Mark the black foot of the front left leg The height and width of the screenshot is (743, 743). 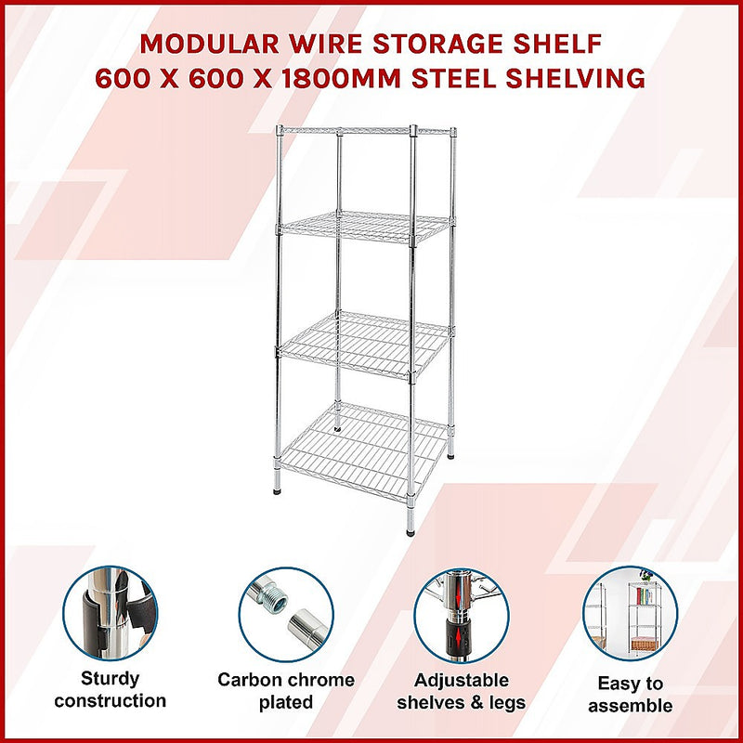[x=278, y=485]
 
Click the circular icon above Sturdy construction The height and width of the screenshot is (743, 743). [x=110, y=614]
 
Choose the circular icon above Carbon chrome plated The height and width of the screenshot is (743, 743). [x=286, y=614]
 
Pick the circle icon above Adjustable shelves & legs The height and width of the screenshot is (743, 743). [x=462, y=614]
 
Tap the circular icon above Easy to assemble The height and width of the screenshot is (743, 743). [x=631, y=614]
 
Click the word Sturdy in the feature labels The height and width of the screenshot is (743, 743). [x=110, y=678]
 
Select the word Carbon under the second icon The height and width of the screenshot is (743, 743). [x=250, y=680]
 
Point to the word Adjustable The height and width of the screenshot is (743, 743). [x=462, y=680]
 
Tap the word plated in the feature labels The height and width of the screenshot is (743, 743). [x=286, y=702]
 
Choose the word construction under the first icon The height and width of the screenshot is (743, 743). [x=110, y=700]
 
